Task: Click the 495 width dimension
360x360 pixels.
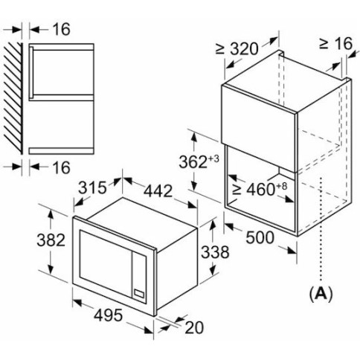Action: [109, 315]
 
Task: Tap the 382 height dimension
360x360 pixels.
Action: [51, 240]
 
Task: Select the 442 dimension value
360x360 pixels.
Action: [158, 191]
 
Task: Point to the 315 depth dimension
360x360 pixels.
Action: [92, 187]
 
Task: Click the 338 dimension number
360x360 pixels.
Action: [215, 252]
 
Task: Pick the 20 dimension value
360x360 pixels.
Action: [194, 327]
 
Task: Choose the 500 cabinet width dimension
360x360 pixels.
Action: [260, 237]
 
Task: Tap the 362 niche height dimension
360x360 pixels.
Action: [193, 162]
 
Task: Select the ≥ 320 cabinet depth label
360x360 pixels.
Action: [237, 49]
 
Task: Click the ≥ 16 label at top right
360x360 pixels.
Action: [335, 44]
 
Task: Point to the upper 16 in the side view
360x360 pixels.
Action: [62, 29]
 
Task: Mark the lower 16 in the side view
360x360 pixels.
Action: [62, 167]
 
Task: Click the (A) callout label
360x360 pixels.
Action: [321, 295]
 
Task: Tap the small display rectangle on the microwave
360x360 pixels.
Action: [139, 293]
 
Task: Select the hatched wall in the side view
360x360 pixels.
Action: [13, 98]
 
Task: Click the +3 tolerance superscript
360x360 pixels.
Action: [213, 158]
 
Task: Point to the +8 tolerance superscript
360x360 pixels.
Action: [281, 186]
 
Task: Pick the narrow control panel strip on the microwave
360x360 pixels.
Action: [139, 278]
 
